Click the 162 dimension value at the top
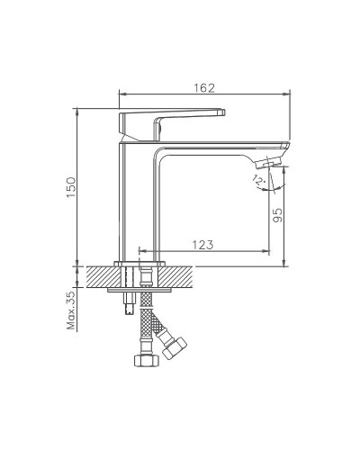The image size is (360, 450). click(x=205, y=86)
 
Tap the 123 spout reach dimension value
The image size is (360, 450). click(x=203, y=243)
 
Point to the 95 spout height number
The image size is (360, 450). click(x=277, y=216)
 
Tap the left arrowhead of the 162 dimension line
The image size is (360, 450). click(x=123, y=94)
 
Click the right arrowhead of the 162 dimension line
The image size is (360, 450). click(x=289, y=94)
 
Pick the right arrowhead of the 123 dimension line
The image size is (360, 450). click(x=270, y=251)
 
